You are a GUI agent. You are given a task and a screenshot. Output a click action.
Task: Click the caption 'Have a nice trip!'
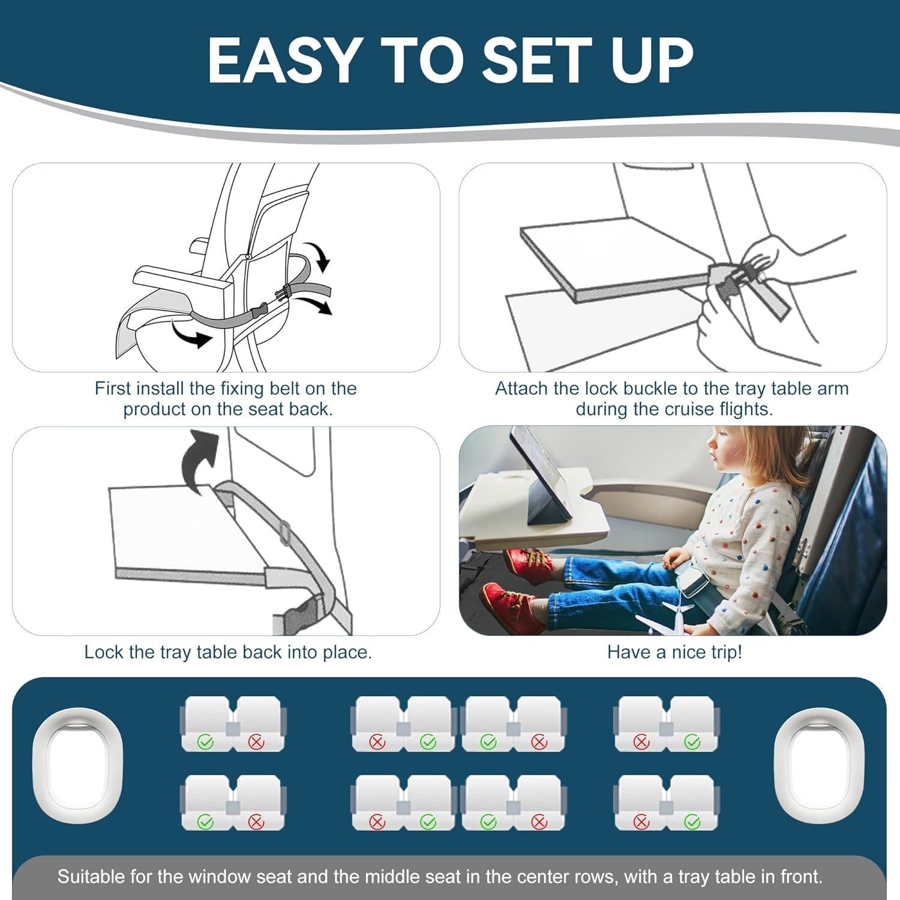pos(674,652)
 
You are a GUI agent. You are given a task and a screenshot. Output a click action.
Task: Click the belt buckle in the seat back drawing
pos(285,293)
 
